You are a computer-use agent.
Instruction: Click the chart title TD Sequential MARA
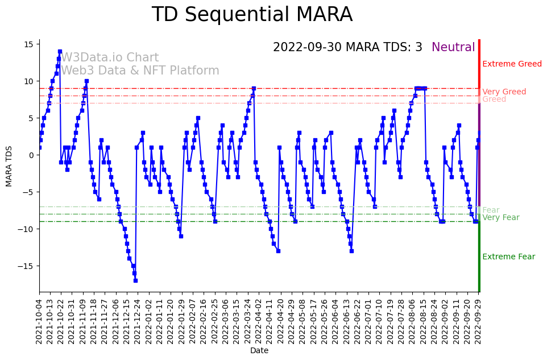click(252, 15)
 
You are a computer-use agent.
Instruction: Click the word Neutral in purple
click(453, 48)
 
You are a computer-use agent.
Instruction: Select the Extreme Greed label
click(512, 64)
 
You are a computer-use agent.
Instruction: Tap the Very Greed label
click(504, 92)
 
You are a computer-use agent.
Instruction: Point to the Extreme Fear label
click(508, 257)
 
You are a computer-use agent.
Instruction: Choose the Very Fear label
click(500, 218)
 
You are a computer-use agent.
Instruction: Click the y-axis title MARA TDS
click(9, 166)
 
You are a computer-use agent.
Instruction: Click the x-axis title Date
click(259, 351)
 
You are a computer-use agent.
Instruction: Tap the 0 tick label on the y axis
click(32, 155)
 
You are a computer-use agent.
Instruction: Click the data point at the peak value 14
click(60, 52)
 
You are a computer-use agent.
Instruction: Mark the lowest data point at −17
click(135, 280)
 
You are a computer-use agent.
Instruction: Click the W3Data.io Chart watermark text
click(110, 58)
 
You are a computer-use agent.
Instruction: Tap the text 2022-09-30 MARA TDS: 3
click(347, 48)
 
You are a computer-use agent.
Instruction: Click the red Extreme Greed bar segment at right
click(479, 64)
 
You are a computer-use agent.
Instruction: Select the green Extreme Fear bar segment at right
click(479, 256)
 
